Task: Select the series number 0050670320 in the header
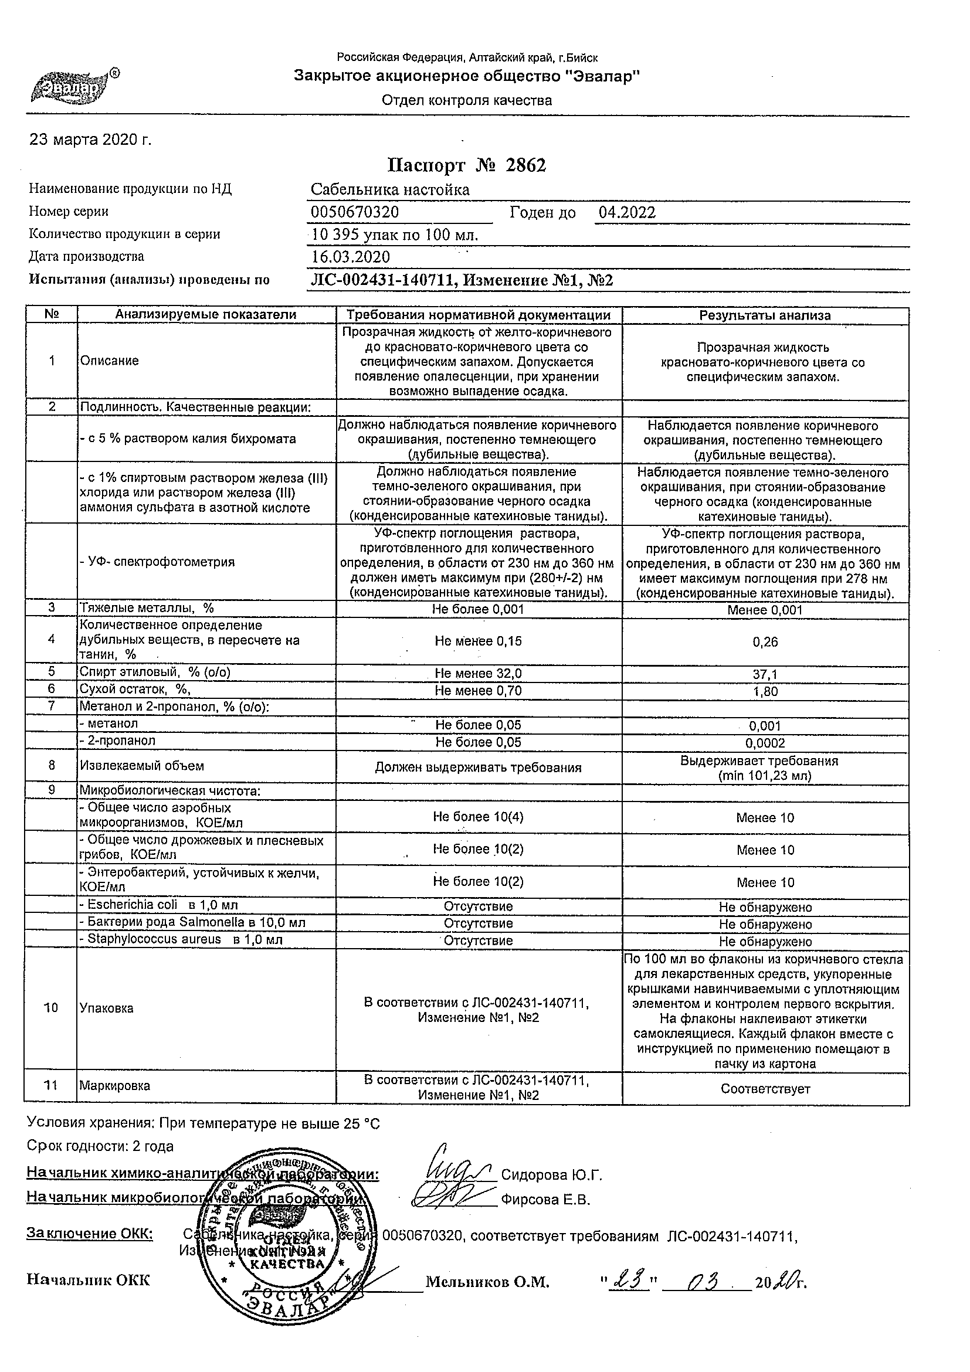(x=355, y=212)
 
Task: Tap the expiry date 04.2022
(x=627, y=212)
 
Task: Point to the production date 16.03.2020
(x=351, y=257)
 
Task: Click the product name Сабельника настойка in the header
(x=390, y=190)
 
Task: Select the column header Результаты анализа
(x=765, y=315)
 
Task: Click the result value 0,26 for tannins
(x=765, y=642)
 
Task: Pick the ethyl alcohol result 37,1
(x=765, y=674)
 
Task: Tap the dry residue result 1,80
(x=765, y=691)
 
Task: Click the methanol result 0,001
(x=765, y=726)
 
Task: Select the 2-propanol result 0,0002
(x=765, y=743)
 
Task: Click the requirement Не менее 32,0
(x=478, y=674)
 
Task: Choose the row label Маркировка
(x=115, y=1086)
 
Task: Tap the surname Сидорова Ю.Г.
(x=551, y=1176)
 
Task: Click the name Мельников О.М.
(x=487, y=1282)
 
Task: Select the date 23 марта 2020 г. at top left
(x=91, y=140)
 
